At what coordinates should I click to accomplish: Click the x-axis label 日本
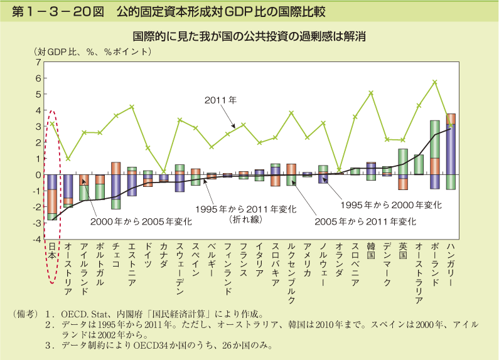[x=52, y=251]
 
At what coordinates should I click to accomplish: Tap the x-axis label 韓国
[x=370, y=251]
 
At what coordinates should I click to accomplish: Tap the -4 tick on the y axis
[x=36, y=240]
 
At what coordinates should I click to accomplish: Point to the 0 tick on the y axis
[x=38, y=175]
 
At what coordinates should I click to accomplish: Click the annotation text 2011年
[x=220, y=100]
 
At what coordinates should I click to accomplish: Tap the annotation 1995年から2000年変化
[x=390, y=204]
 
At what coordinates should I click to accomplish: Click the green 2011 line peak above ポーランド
[x=434, y=82]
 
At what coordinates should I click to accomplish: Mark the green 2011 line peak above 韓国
[x=371, y=92]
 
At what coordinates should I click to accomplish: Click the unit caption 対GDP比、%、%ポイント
[x=93, y=51]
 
